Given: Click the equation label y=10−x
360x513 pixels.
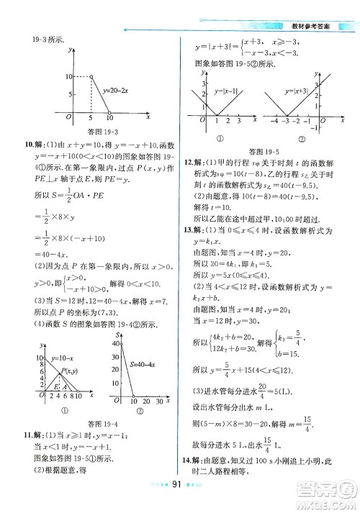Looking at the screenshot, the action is [63, 358].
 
